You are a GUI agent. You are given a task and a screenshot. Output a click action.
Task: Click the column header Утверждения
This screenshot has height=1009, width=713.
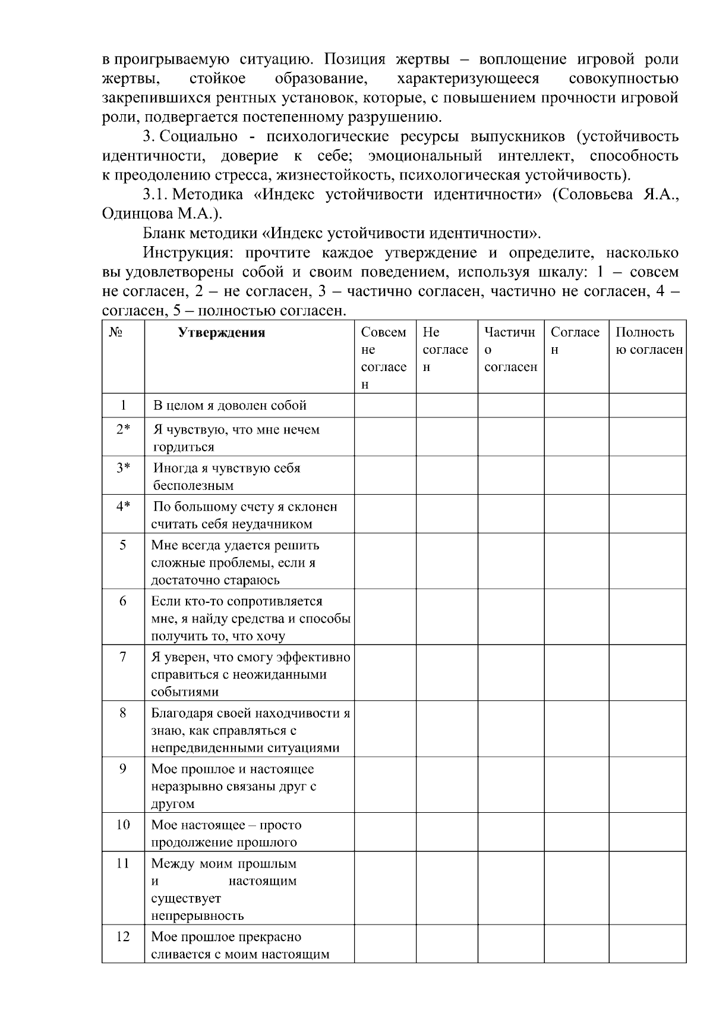[x=221, y=332]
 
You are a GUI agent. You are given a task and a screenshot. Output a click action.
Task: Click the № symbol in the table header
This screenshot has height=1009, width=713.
[x=115, y=332]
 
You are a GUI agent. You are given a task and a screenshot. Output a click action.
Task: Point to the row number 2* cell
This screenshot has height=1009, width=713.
[x=123, y=429]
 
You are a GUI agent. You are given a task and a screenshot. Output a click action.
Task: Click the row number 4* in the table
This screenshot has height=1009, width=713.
[x=123, y=507]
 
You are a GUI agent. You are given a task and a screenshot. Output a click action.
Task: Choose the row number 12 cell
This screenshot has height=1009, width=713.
[x=123, y=937]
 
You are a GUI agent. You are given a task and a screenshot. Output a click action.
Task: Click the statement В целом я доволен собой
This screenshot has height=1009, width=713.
[x=230, y=406]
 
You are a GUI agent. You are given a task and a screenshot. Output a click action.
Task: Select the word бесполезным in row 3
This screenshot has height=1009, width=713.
[x=193, y=485]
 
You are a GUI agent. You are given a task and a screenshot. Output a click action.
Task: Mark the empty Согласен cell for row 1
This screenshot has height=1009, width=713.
[x=576, y=406]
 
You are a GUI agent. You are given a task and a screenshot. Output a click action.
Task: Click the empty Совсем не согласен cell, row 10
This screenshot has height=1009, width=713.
[x=385, y=832]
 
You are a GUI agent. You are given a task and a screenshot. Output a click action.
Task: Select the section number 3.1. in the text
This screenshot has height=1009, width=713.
[x=157, y=195]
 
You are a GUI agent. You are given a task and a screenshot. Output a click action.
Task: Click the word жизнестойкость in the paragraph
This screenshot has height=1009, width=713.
[x=338, y=175]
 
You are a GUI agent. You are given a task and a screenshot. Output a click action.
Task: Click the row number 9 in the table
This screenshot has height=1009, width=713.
[x=123, y=769]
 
